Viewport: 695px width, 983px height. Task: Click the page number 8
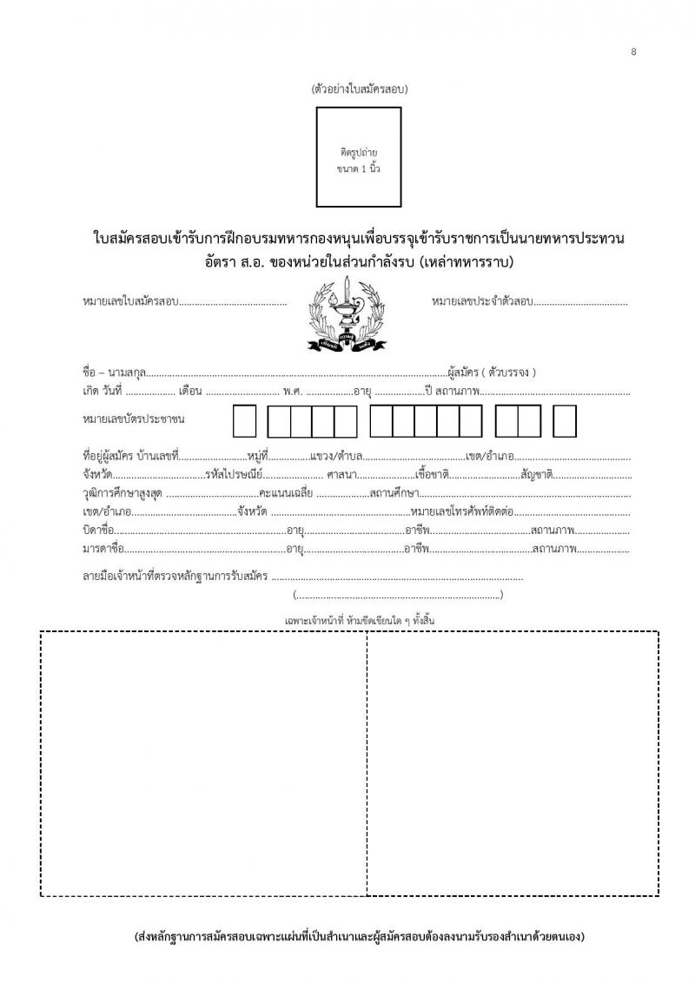[634, 52]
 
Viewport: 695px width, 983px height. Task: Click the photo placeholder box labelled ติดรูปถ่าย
[358, 157]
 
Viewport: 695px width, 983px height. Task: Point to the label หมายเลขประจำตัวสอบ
[481, 302]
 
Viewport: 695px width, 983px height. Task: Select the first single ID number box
[245, 421]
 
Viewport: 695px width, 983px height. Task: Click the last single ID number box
[566, 421]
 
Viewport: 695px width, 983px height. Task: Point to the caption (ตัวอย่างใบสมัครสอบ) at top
[358, 89]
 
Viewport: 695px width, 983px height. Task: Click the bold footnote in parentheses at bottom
[359, 938]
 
